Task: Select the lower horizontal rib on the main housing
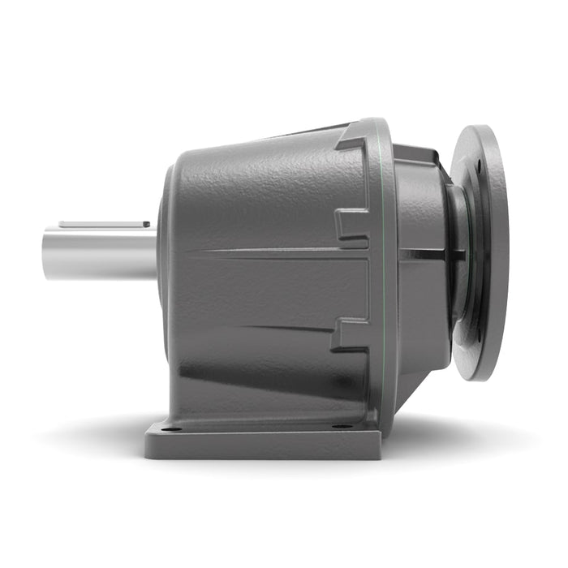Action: coord(268,326)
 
